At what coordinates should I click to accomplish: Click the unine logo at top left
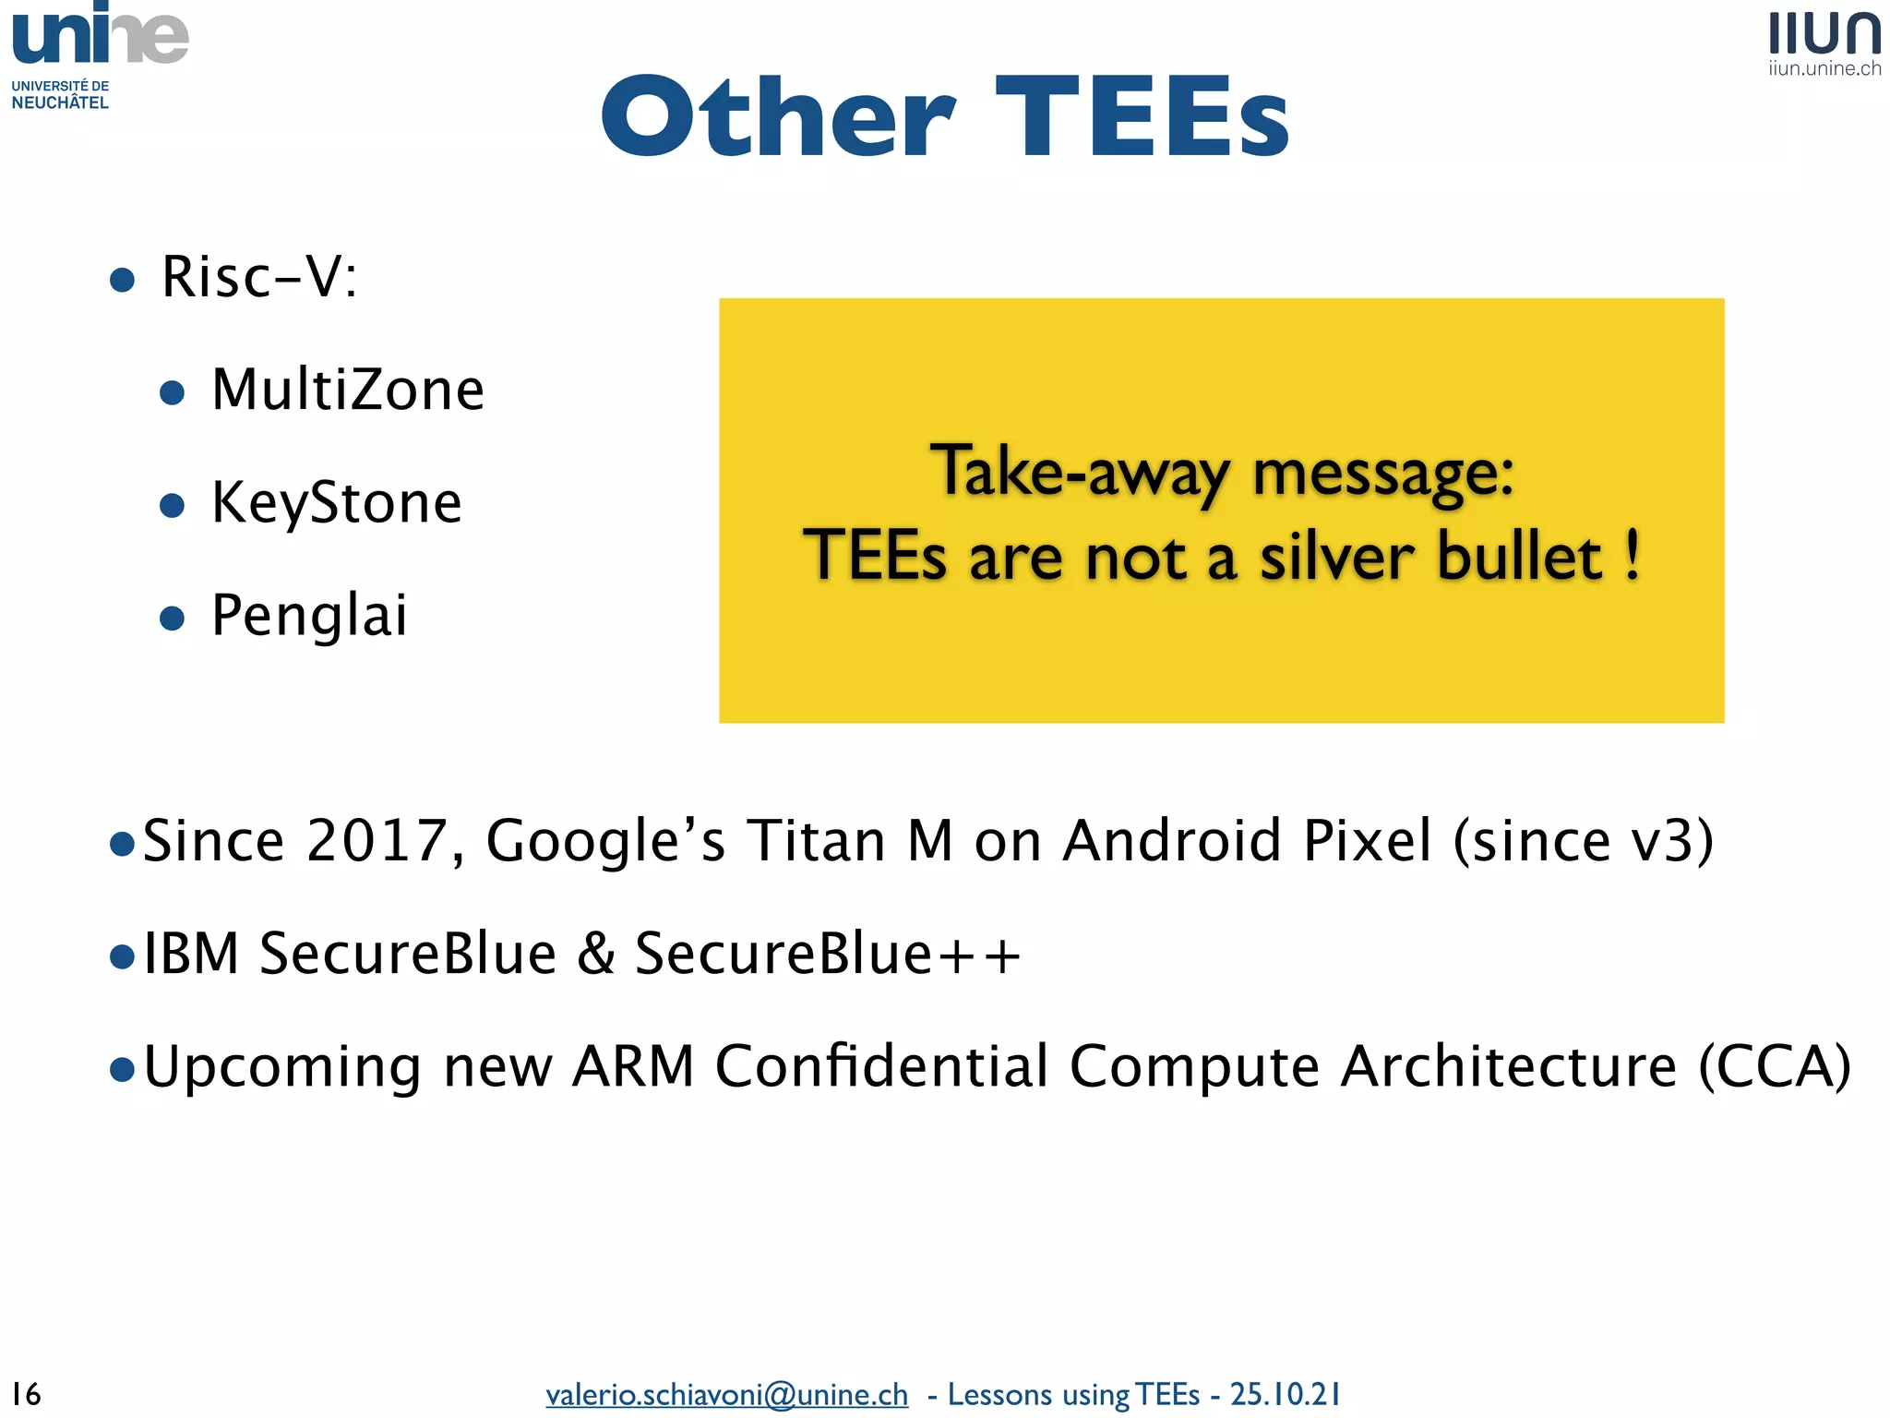tap(100, 37)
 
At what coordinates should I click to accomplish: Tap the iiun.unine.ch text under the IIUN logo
tap(1824, 68)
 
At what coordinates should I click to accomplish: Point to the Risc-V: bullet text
tap(259, 276)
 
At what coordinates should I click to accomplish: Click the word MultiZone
tap(347, 390)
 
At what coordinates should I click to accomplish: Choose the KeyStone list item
tap(336, 503)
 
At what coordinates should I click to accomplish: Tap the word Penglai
tap(309, 616)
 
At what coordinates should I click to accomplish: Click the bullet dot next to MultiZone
tap(173, 393)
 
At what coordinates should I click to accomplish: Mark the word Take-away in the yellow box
tap(1079, 473)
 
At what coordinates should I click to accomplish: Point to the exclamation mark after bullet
tap(1633, 555)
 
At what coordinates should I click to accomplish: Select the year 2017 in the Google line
tap(377, 841)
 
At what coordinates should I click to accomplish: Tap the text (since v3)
tap(1584, 841)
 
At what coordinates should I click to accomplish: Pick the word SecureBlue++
tap(828, 954)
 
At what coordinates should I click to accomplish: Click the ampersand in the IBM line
tap(595, 954)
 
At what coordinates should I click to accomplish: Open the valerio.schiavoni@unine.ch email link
tap(726, 1394)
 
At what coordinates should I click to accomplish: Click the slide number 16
tap(26, 1393)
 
